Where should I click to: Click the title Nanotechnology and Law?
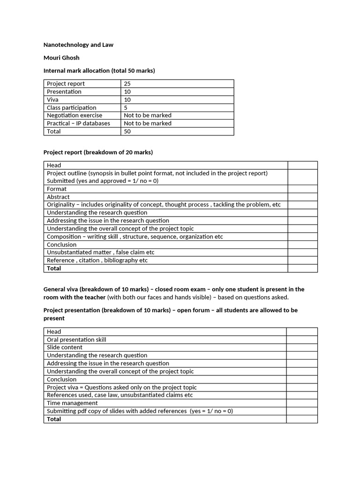pos(78,45)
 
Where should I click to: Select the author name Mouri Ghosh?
pos(61,58)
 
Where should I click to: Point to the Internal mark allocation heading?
pos(99,71)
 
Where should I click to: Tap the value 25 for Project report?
pos(127,83)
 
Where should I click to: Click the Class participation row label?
pos(71,107)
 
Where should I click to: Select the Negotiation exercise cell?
pos(74,115)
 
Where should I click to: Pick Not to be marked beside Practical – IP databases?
pos(148,123)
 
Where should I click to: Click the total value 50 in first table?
pos(127,131)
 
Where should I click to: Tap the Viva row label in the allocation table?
pos(52,99)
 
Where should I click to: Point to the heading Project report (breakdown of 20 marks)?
pos(98,152)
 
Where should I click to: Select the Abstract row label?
pos(58,197)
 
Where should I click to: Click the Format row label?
pos(57,189)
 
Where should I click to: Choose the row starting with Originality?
pos(164,205)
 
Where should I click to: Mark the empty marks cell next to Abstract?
pos(302,197)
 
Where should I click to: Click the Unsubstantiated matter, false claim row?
pos(100,252)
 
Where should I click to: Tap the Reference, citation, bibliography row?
pos(97,260)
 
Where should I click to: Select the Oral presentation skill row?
pos(76,339)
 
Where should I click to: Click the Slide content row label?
pos(64,347)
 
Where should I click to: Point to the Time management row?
pos(72,403)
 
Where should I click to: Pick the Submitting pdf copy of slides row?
pos(140,411)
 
